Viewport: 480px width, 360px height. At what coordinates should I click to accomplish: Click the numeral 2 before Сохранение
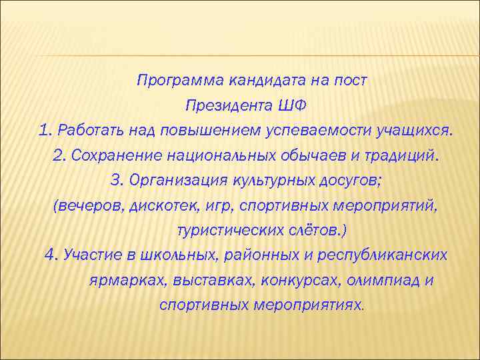click(x=58, y=155)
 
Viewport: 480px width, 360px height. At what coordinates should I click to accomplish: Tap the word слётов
click(x=314, y=230)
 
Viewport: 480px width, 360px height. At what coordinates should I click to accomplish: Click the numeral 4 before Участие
click(x=51, y=255)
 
